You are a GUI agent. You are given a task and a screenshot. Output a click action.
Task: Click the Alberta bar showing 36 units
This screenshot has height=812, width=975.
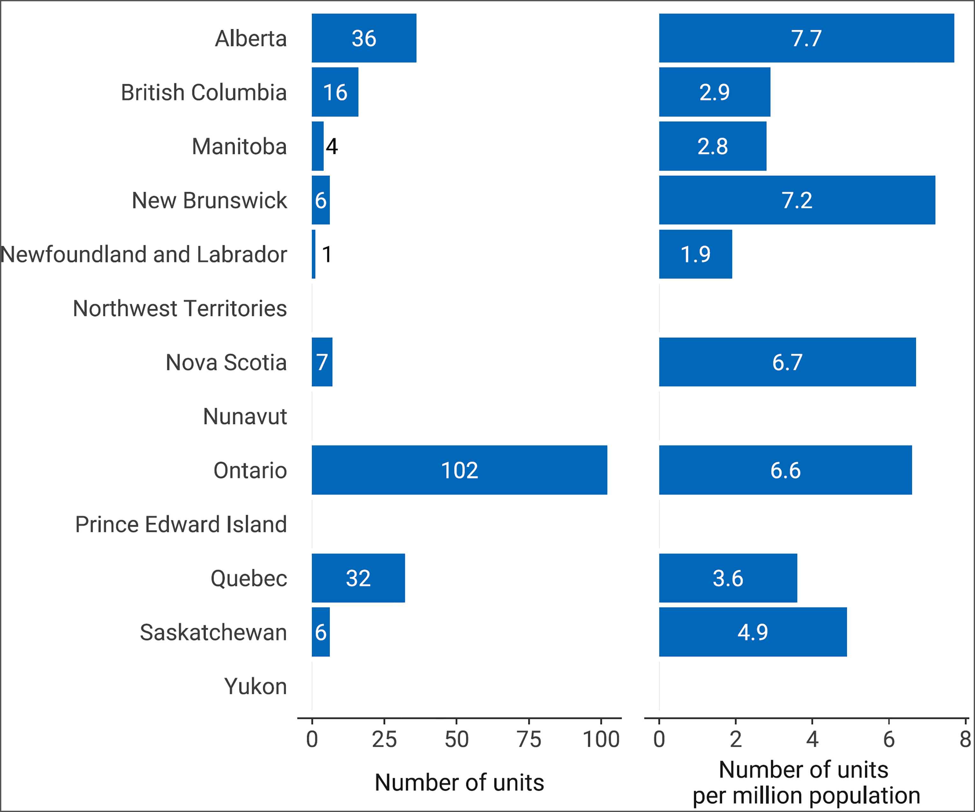coord(364,38)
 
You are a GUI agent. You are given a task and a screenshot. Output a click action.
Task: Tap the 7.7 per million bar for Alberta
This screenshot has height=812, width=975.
coord(806,38)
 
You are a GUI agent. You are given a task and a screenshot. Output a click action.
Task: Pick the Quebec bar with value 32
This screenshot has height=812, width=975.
coord(358,578)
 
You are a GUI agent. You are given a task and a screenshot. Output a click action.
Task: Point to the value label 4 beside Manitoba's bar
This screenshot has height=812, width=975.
coord(331,146)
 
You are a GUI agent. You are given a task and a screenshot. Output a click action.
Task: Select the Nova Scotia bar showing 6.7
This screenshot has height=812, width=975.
coord(787,362)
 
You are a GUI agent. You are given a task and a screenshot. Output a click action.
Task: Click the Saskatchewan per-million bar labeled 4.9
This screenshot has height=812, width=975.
coord(753,632)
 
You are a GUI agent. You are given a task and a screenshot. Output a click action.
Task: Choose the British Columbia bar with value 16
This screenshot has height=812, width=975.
coord(335,92)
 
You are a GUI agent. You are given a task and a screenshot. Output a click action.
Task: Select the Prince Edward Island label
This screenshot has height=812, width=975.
coord(181,524)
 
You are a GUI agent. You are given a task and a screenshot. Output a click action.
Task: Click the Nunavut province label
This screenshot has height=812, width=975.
coord(245,416)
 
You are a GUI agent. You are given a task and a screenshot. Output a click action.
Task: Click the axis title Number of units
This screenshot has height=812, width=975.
coord(459,782)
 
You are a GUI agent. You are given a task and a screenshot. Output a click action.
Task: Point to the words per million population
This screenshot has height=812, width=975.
coord(806,795)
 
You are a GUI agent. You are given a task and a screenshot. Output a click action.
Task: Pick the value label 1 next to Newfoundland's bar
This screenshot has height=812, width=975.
coord(327,254)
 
